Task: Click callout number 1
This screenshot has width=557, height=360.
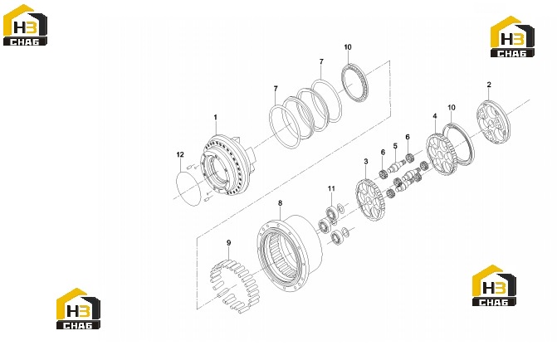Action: tap(215, 117)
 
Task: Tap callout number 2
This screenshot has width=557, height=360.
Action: tap(489, 85)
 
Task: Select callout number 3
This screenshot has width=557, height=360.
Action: tap(366, 162)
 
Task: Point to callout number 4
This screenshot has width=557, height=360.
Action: tap(435, 116)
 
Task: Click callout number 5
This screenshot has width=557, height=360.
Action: tap(395, 146)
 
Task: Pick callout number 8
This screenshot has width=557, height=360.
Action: tap(281, 203)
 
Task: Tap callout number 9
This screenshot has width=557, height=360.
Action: tap(229, 243)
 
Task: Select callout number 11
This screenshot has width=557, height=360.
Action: tap(331, 188)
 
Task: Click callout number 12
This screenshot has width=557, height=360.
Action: tap(180, 154)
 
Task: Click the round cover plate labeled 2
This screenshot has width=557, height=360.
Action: tap(493, 122)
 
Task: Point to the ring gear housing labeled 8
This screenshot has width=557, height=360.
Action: tap(290, 252)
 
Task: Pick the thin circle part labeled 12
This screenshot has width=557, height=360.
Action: tap(178, 185)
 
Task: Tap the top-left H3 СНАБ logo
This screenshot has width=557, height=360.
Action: tap(25, 25)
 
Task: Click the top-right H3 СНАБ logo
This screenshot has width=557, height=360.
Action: tap(512, 36)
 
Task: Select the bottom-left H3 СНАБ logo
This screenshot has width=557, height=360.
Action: tap(78, 309)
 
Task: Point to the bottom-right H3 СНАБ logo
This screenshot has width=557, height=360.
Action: tap(494, 285)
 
